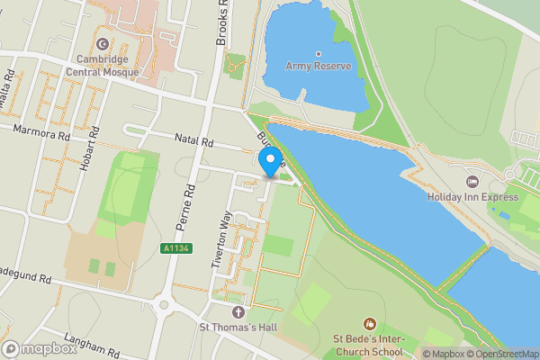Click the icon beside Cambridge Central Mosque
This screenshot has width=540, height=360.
click(x=102, y=43)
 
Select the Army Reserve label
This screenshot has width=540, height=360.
click(x=318, y=66)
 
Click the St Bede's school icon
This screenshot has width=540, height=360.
click(x=368, y=323)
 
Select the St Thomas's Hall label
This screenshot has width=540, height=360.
click(x=238, y=327)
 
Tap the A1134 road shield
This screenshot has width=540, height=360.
click(x=177, y=248)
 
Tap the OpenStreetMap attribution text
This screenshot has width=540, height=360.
click(x=500, y=354)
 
